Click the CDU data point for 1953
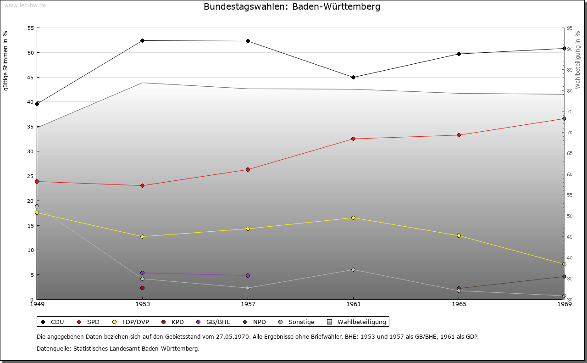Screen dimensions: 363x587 point(142,40)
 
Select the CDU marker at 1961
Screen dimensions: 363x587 point(353,77)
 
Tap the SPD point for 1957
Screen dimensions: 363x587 point(248,169)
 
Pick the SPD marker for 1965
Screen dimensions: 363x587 point(459,135)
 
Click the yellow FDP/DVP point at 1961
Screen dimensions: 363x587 point(353,218)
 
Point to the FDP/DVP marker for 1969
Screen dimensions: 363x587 point(564,264)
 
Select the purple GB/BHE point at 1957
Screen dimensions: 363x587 point(248,275)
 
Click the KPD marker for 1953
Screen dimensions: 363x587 point(142,288)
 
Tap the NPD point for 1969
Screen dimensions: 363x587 point(564,276)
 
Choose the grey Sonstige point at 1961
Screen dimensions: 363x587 point(353,269)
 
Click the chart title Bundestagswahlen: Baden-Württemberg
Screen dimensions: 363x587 point(292,7)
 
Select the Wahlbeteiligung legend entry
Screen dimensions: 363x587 point(358,322)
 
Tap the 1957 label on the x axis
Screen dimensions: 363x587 point(248,304)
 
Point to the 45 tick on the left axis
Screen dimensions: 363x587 point(31,77)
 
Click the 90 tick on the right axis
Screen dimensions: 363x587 point(570,49)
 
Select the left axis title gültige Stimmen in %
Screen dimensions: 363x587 point(6,61)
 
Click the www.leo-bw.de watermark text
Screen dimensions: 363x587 point(25,5)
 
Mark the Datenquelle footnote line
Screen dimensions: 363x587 point(118,348)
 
